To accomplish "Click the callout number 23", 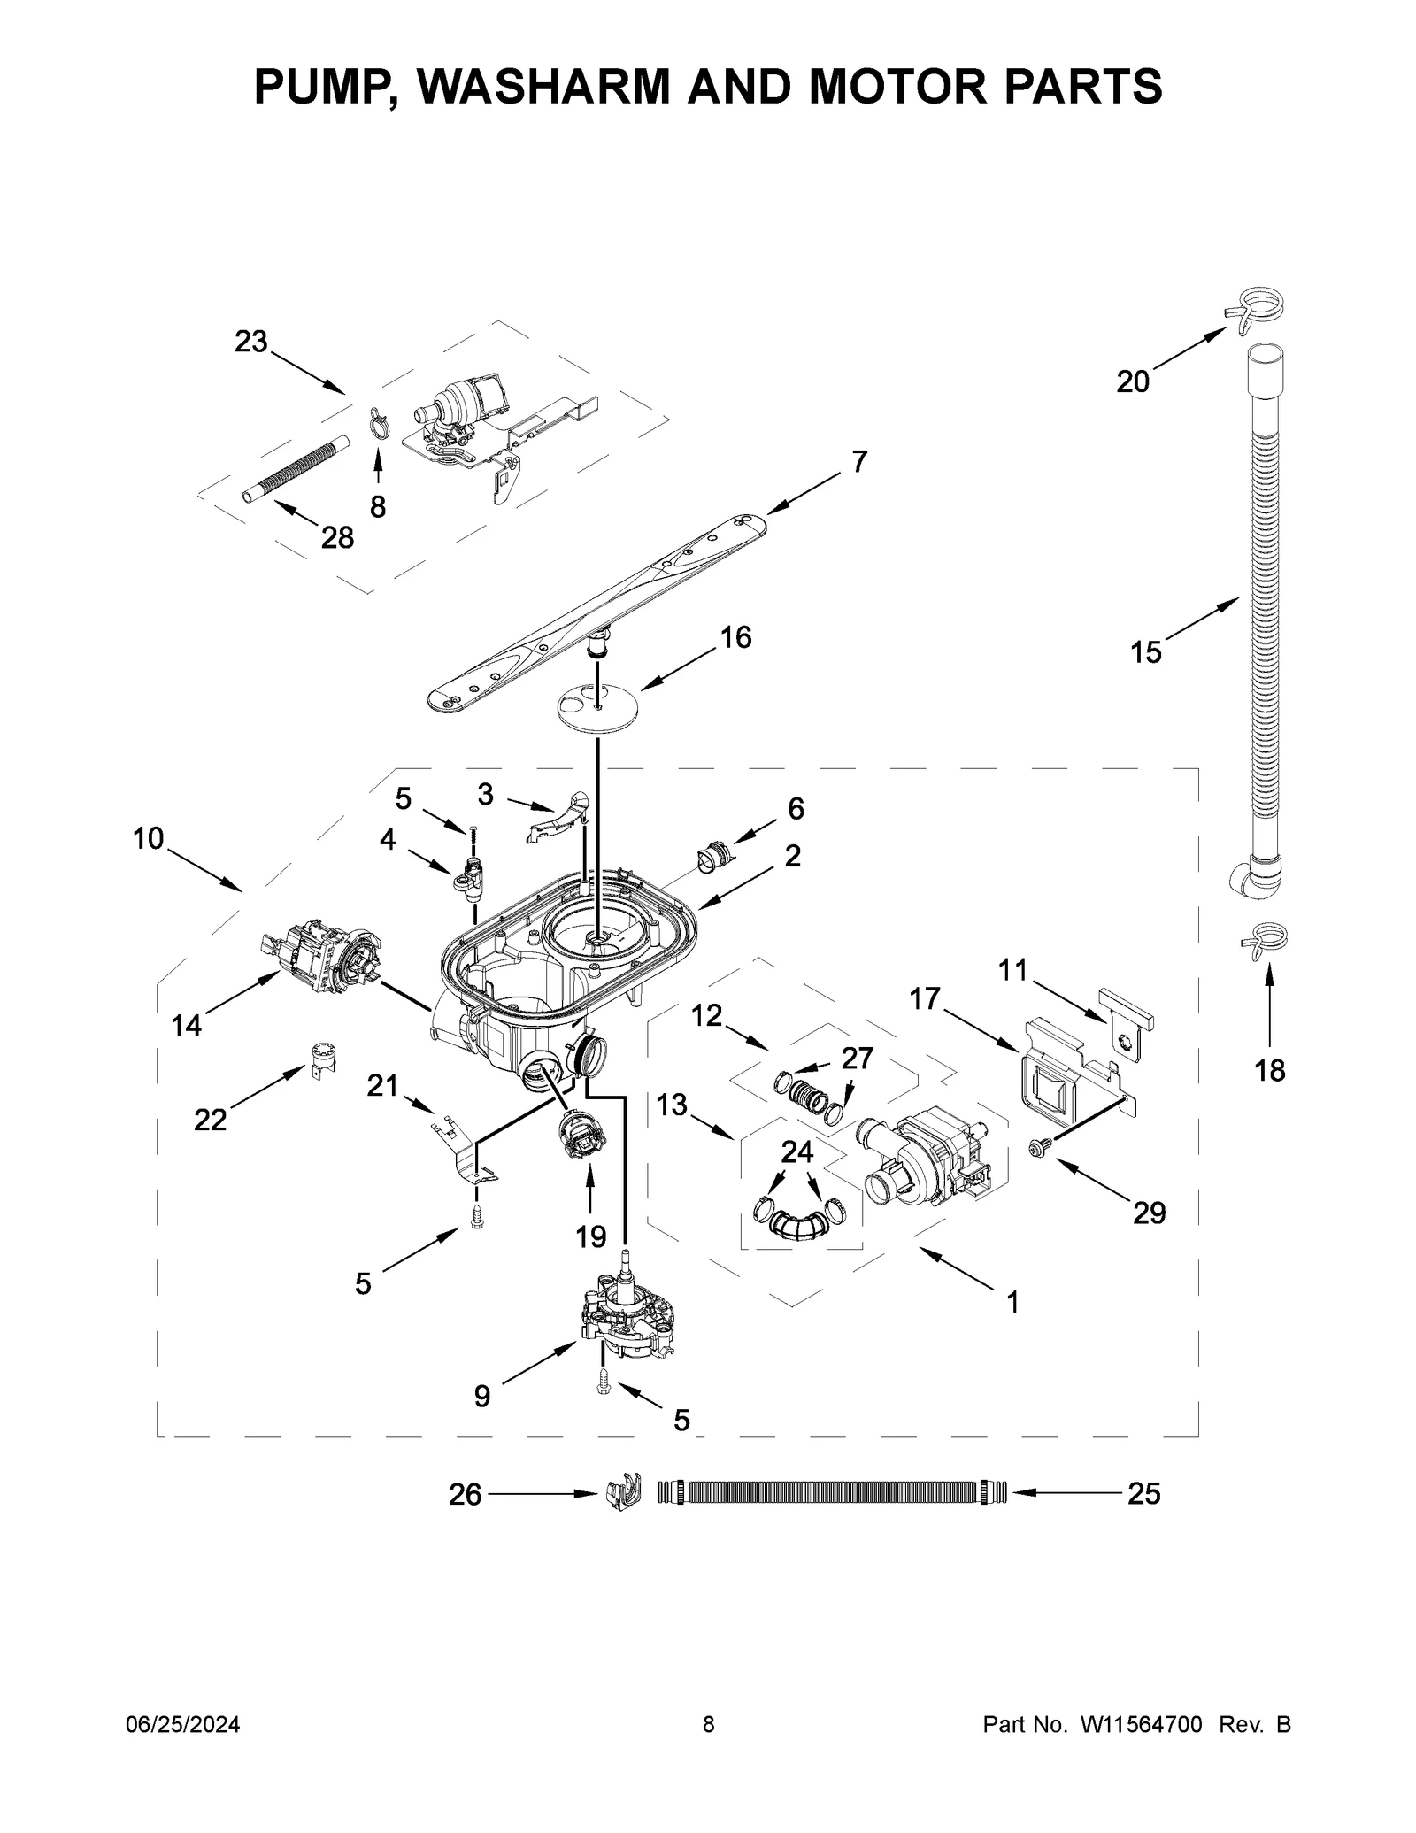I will pos(250,342).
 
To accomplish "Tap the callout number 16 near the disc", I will pos(735,637).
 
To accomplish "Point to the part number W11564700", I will pos(1140,1724).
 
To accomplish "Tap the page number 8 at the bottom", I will pos(708,1724).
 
